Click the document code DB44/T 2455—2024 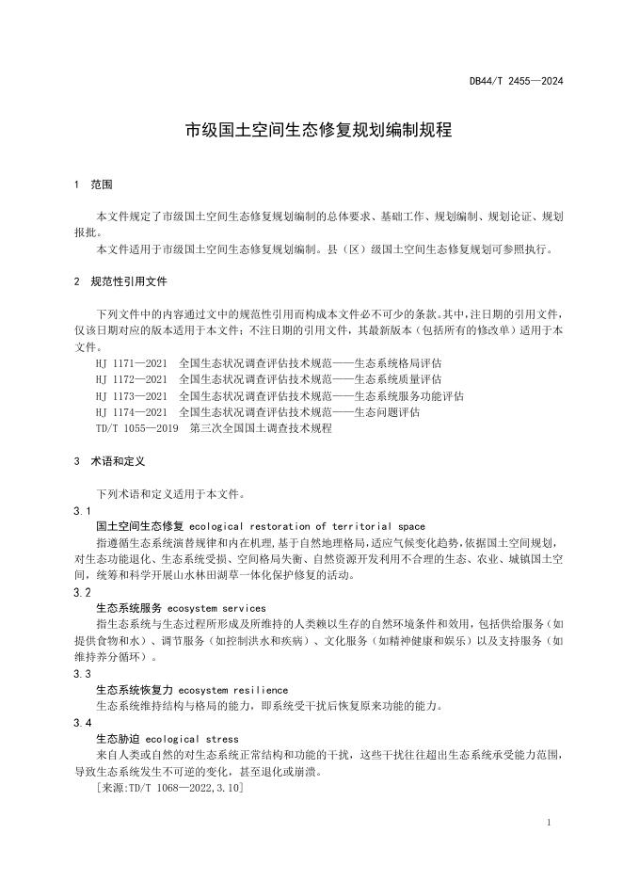tap(516, 82)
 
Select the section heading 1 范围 tap(94, 185)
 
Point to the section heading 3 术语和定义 tap(110, 461)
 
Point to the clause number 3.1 tap(83, 510)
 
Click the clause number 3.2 tap(83, 592)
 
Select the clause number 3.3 tap(83, 674)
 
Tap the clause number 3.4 tap(83, 723)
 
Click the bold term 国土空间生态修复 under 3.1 tap(141, 526)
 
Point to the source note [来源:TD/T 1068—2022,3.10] tap(170, 788)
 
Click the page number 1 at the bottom tap(549, 823)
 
